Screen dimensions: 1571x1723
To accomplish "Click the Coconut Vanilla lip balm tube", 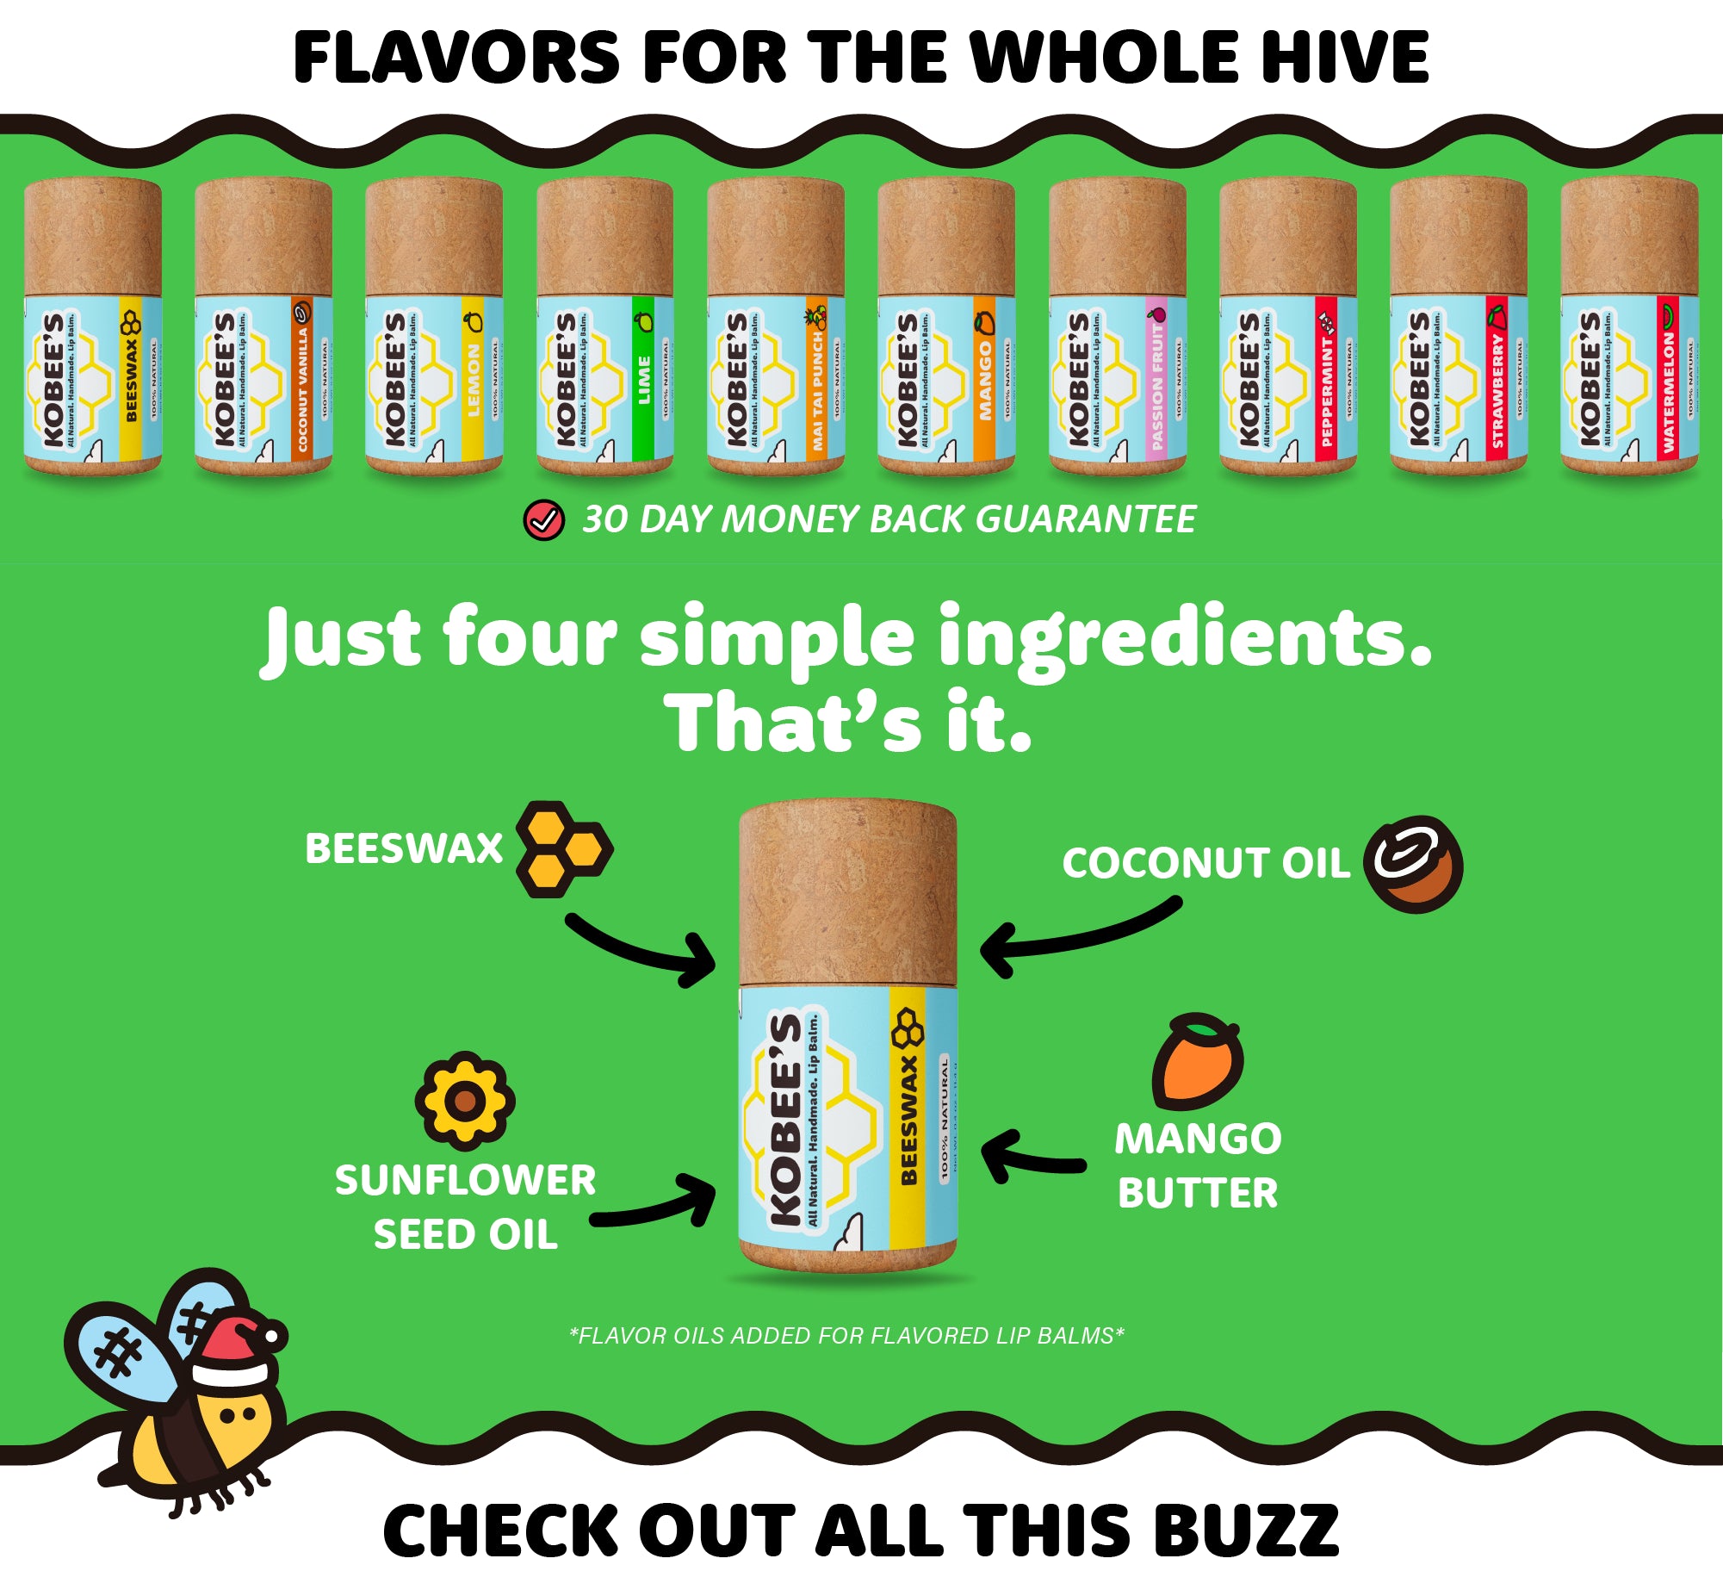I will (263, 327).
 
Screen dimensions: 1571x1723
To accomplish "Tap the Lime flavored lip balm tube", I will (604, 327).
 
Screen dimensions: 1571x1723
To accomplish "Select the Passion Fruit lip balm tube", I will (1118, 327).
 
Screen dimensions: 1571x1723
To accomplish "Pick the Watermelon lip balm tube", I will (1629, 327).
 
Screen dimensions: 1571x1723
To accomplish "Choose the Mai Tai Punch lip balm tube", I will (775, 327).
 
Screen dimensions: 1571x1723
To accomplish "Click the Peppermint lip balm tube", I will (1288, 327).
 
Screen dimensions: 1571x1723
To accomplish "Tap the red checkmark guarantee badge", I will (544, 520).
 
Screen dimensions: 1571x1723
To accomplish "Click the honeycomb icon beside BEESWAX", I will (564, 848).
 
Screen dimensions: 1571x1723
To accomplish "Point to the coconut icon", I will (1413, 864).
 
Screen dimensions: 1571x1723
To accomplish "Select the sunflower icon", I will (465, 1101).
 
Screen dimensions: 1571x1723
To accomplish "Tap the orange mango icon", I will (1198, 1061).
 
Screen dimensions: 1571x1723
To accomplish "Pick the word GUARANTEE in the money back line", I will (1086, 519).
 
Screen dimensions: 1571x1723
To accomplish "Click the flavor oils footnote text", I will (846, 1335).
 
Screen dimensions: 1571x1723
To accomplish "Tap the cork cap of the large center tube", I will (848, 891).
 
